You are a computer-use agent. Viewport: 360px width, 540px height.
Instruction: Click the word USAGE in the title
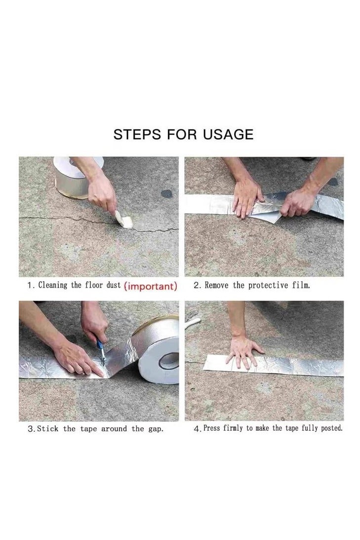228,134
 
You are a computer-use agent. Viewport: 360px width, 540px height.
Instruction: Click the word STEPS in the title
137,134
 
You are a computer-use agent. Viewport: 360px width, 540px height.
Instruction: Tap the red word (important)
151,286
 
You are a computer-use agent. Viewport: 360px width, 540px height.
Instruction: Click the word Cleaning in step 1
53,285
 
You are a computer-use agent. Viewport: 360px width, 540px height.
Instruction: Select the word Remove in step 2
216,285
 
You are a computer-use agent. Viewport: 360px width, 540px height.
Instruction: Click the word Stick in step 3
47,429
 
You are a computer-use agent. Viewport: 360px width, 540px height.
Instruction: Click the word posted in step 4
332,428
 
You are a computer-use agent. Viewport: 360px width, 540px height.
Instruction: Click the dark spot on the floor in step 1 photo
167,194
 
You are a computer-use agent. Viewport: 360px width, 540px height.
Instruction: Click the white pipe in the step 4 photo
193,323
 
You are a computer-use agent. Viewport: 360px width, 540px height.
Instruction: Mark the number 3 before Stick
31,429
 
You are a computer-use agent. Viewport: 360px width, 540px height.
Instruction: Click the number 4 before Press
197,429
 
